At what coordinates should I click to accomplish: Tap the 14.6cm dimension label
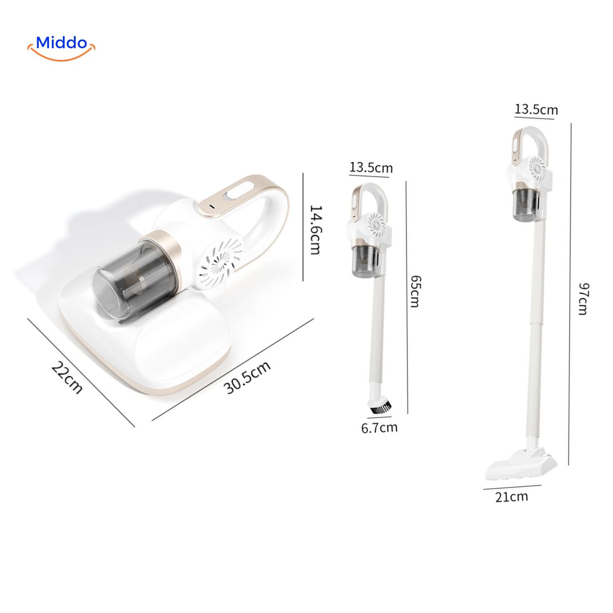(315, 229)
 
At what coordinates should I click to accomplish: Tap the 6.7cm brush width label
(379, 427)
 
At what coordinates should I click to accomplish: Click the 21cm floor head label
(512, 497)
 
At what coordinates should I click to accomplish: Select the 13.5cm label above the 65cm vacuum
(371, 168)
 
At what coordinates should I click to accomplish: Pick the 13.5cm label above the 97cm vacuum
(536, 110)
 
